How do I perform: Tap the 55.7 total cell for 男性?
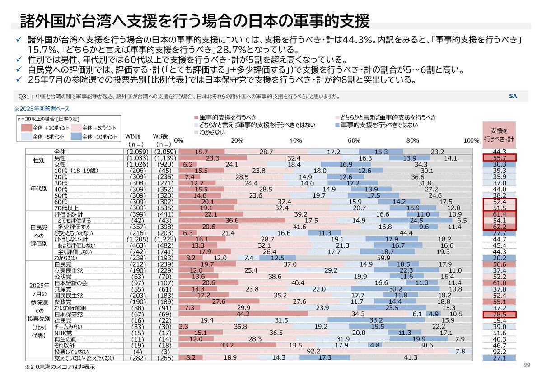coord(499,158)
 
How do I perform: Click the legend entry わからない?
coord(213,132)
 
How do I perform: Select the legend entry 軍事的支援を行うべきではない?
coord(379,125)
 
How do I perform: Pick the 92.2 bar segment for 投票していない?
coord(313,351)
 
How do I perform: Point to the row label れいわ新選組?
coord(70,308)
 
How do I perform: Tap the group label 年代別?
coord(39,190)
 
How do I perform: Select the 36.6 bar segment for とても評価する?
coord(232,221)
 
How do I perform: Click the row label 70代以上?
coord(66,208)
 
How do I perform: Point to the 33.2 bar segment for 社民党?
coord(376,320)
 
